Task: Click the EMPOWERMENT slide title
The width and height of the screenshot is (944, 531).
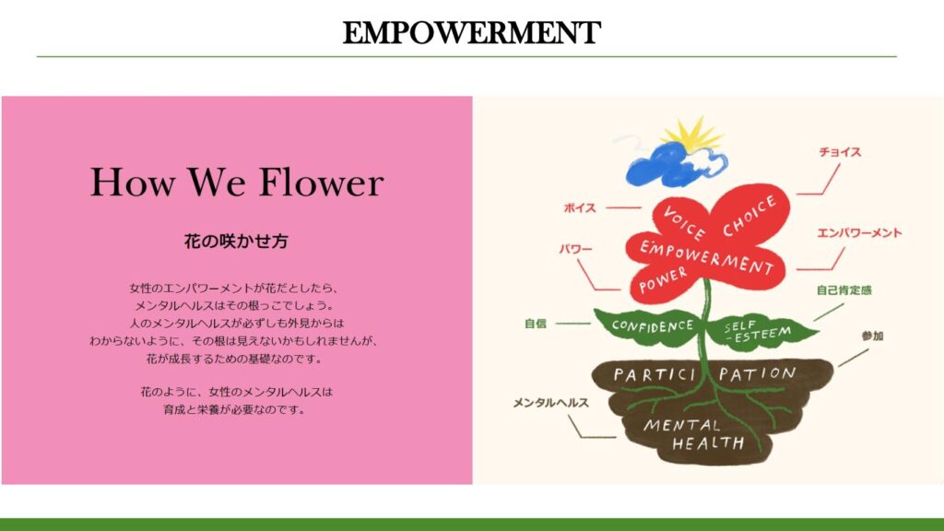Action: click(x=471, y=32)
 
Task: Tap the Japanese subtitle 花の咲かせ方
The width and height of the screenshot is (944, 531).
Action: click(x=236, y=242)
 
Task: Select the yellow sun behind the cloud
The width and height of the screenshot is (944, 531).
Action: click(x=694, y=135)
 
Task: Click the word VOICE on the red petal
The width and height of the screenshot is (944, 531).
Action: click(x=684, y=222)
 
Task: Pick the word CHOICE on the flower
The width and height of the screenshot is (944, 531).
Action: click(x=749, y=216)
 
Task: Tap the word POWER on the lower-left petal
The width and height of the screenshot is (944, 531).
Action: click(x=662, y=280)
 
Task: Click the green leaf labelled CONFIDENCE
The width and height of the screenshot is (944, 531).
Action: click(x=649, y=326)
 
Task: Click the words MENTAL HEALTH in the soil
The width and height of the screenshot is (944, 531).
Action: click(x=692, y=434)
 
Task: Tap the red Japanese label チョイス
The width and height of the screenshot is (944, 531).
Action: click(x=839, y=152)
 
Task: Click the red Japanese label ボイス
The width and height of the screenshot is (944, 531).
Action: click(x=580, y=207)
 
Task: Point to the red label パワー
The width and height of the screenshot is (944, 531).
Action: click(x=575, y=249)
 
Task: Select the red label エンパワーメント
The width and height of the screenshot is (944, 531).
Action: click(x=859, y=233)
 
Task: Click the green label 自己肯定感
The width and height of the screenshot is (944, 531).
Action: click(x=844, y=290)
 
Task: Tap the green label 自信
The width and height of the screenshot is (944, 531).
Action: click(x=536, y=324)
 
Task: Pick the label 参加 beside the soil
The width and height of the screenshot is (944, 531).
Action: click(x=872, y=336)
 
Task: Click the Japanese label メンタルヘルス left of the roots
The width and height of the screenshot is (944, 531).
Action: click(x=550, y=403)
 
